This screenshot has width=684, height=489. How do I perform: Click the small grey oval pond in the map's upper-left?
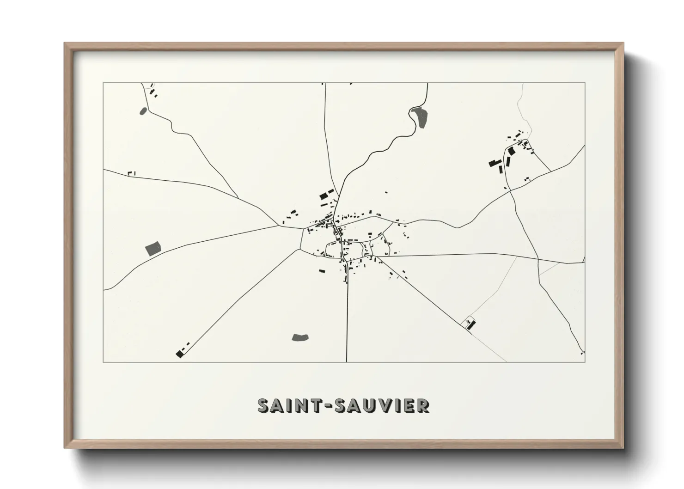click(x=143, y=111)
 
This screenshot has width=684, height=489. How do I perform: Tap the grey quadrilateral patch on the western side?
click(x=153, y=249)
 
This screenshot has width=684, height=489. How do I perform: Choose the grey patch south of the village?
click(x=300, y=337)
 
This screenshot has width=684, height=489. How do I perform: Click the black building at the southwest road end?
click(x=179, y=354)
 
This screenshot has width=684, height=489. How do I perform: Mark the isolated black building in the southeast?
click(x=471, y=324)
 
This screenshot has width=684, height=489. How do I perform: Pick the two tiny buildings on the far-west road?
click(x=131, y=173)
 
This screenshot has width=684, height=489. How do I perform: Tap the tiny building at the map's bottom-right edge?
click(x=581, y=354)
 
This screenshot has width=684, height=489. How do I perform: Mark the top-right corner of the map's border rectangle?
click(x=585, y=83)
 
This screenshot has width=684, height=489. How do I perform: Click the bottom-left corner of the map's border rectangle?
click(x=104, y=362)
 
